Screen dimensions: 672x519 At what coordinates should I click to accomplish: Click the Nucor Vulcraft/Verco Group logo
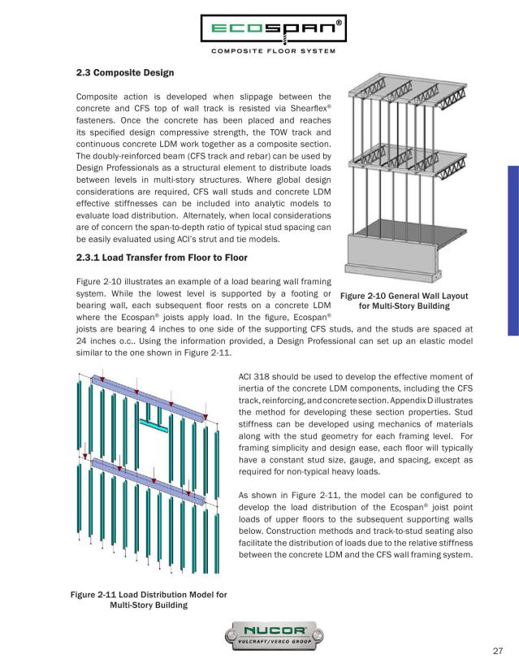(x=259, y=633)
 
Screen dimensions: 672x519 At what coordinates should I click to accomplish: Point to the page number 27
(x=500, y=651)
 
